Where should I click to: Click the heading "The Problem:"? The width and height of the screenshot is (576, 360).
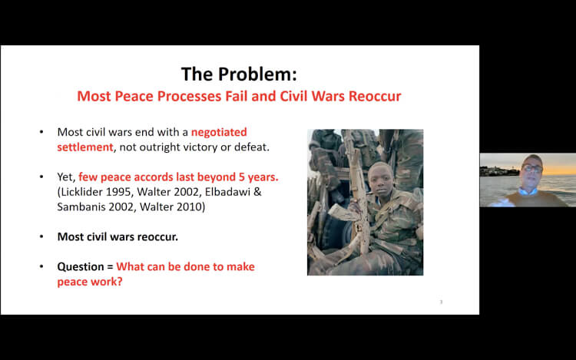239,74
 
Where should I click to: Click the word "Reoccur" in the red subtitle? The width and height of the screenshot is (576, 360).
375,96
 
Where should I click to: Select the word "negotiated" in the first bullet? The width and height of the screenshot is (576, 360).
219,132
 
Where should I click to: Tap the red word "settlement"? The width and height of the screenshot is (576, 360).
84,147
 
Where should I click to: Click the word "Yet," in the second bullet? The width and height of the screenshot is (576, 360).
66,177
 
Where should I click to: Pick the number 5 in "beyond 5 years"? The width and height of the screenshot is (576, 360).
242,177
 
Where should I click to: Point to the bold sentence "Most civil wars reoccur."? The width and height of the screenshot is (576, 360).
118,236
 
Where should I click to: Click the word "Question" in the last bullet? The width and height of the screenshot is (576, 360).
81,267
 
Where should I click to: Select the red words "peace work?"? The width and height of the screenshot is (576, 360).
90,282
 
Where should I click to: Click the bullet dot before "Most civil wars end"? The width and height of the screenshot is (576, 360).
41,132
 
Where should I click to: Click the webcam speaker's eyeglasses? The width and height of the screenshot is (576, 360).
532,169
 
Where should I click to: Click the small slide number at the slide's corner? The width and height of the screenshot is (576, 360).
441,302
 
